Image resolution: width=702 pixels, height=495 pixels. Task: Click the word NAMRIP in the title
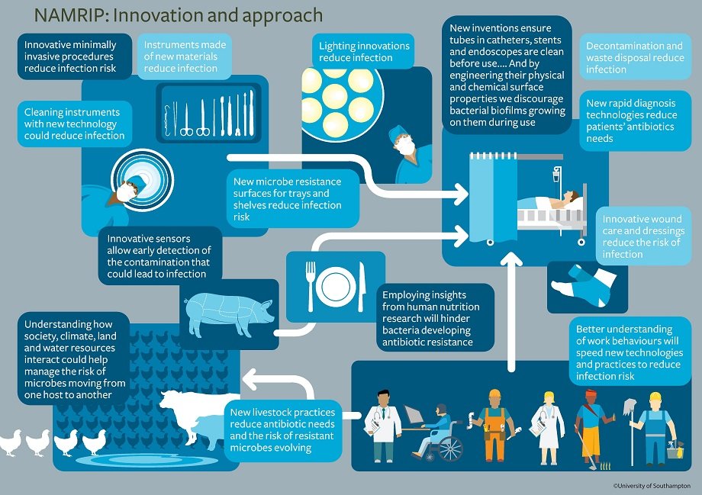click(x=66, y=15)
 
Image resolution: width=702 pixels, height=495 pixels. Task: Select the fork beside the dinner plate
click(x=309, y=285)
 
